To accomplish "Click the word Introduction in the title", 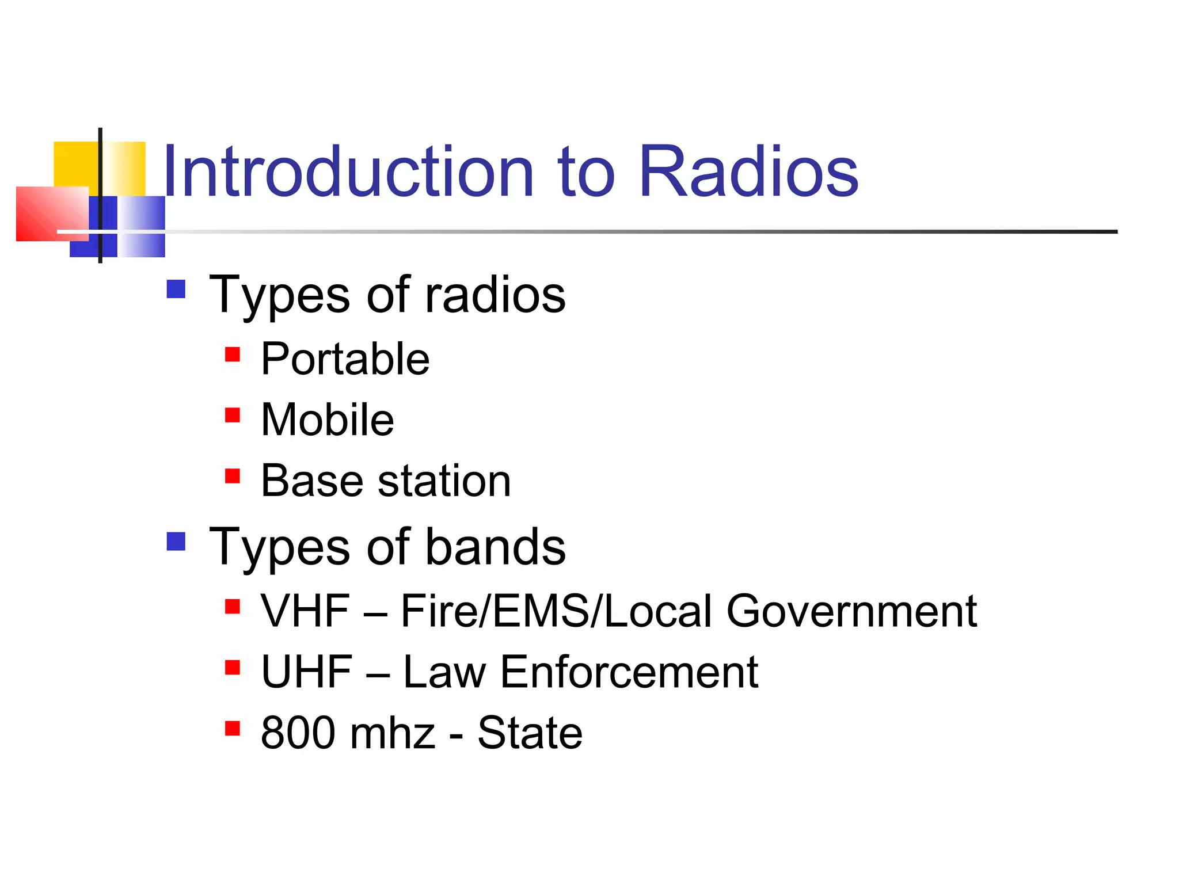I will [x=348, y=172].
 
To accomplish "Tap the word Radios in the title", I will [x=748, y=172].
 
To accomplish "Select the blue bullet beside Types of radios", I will [x=176, y=289].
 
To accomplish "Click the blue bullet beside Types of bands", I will [x=176, y=541].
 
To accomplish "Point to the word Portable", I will [x=345, y=359].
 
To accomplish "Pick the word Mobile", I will [x=327, y=420].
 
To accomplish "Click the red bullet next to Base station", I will [x=232, y=476].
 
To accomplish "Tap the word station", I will [x=444, y=481].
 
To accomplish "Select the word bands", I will [x=495, y=547].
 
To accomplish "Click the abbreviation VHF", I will [x=305, y=611].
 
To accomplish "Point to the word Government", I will [x=851, y=611].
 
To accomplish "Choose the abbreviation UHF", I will [x=306, y=672].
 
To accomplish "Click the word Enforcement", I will [x=629, y=672].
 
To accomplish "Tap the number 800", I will [x=298, y=733].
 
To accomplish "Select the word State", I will [x=530, y=733].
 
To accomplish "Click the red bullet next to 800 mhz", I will [x=232, y=729].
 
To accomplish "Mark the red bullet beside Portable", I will [x=232, y=354].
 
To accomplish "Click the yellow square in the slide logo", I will [x=75, y=164].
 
